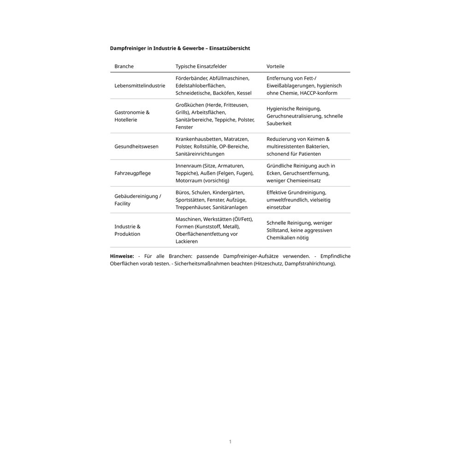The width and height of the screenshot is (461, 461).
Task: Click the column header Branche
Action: pos(124,66)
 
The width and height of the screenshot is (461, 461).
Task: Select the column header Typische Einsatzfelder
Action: pos(201,66)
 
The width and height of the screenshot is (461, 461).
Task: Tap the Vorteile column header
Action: pos(275,66)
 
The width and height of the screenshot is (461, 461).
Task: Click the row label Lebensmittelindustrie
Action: pos(140,86)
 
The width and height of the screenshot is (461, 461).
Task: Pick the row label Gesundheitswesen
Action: pos(136,147)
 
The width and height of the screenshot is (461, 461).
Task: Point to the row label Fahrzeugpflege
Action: pos(132,173)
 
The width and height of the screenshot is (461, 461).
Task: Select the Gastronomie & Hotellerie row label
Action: pos(132,116)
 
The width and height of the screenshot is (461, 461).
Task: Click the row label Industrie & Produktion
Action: pos(127,230)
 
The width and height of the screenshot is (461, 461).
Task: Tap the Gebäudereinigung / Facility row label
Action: pos(137,200)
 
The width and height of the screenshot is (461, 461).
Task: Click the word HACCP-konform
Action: pos(318,93)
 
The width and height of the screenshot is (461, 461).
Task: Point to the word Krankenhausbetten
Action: pos(199,139)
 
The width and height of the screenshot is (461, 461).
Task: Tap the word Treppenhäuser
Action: pos(193,207)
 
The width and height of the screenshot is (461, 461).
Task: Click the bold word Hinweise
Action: pos(122,256)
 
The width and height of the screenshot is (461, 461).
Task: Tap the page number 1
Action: pos(230,442)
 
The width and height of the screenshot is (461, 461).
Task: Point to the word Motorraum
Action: pos(189,181)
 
